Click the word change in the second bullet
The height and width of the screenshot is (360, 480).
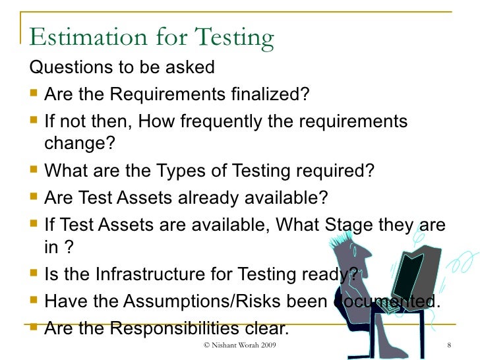76,143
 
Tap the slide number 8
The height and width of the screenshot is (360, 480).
448,346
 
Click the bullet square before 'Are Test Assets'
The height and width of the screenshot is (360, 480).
34,198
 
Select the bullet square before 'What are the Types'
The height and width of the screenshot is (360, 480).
34,171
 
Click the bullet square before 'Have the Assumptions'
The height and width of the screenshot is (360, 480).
34,301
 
